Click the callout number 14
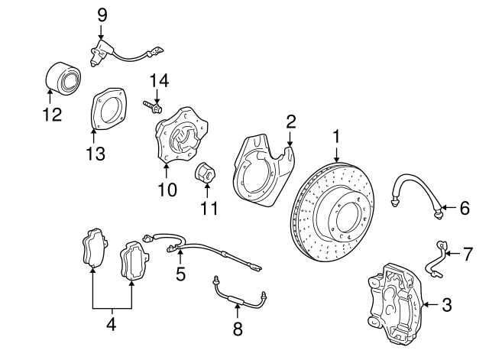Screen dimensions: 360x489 [157, 80]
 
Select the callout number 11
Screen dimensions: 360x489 [209, 208]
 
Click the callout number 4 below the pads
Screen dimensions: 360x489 [111, 325]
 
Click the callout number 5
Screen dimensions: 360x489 [180, 274]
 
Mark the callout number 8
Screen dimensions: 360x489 [237, 329]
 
